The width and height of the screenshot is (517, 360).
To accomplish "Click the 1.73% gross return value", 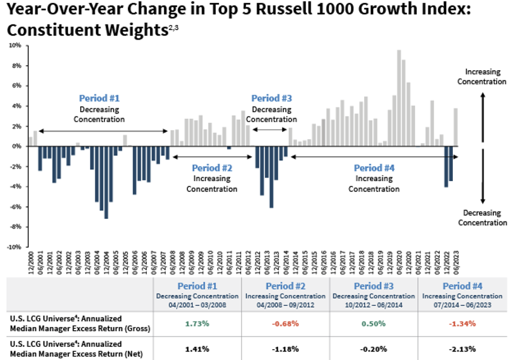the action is (x=197, y=324).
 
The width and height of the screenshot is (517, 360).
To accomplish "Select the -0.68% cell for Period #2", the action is (x=285, y=324).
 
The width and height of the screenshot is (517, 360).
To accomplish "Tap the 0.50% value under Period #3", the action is (x=374, y=324).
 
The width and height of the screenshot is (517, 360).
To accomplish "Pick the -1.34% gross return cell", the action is (x=462, y=324).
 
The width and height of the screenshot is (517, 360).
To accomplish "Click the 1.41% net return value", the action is (x=197, y=349).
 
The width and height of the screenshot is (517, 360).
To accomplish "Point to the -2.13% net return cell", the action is (x=462, y=349).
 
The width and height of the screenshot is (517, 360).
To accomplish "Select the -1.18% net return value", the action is (x=285, y=349).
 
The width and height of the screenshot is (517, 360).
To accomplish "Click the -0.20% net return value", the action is (x=374, y=349).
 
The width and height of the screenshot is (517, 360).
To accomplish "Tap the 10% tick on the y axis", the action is (x=15, y=45).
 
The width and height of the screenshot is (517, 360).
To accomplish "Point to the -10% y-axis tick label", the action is (x=14, y=247).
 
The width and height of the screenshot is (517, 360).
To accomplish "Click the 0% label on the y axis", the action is (x=16, y=146).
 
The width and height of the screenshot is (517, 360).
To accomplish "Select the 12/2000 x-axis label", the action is (x=31, y=262).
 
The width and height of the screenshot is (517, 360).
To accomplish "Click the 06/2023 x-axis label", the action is (x=456, y=262).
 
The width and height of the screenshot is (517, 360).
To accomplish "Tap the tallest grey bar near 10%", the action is (x=399, y=98).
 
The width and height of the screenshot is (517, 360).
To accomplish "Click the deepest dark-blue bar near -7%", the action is (x=106, y=182).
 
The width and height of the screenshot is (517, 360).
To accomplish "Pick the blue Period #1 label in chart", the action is (x=99, y=98).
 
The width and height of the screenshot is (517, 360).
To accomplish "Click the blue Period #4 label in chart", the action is (x=374, y=168).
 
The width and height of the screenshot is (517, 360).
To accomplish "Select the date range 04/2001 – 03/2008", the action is (x=197, y=305).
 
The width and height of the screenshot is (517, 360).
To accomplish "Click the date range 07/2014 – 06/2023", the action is (x=462, y=305).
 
